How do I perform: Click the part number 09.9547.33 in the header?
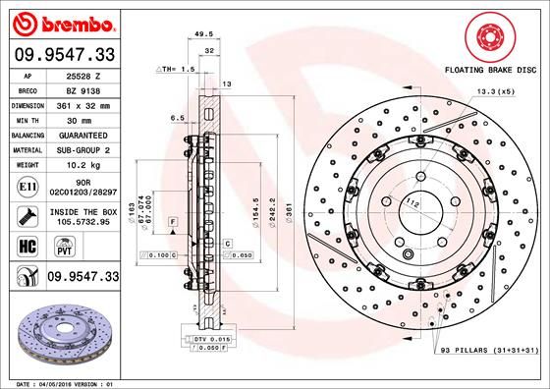[x=64, y=55]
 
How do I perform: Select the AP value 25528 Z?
[x=83, y=76]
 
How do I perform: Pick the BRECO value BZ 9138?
[x=83, y=88]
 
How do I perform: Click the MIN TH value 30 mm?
[x=83, y=118]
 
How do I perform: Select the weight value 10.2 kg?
[x=83, y=165]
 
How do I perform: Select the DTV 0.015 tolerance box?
[x=211, y=339]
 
